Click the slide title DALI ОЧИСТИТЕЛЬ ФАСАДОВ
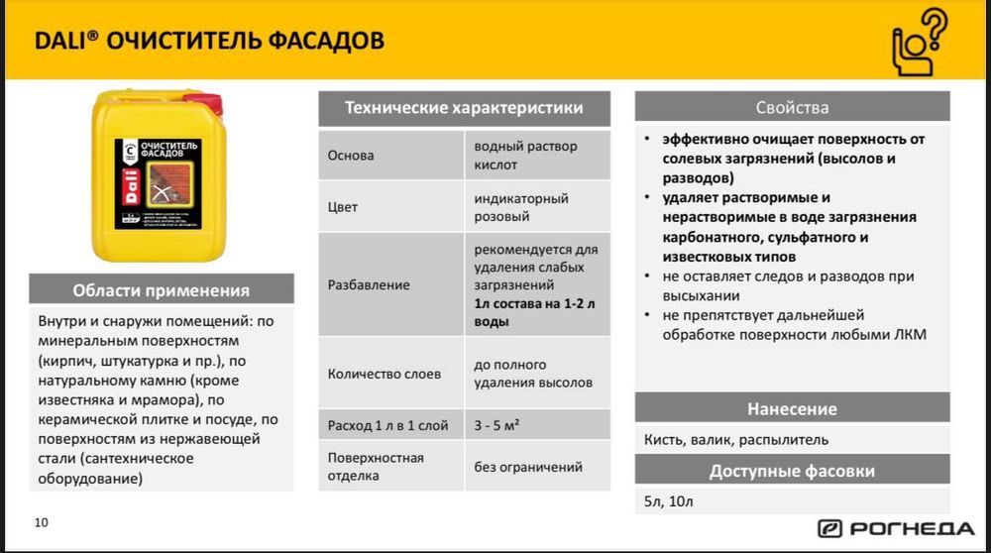coord(210,41)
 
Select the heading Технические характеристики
coord(463,108)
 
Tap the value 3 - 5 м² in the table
coord(496,426)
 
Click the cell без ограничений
coord(527,467)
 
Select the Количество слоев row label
coord(384,374)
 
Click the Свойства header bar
coord(792,107)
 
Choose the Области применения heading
coord(162,290)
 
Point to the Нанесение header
coord(792,408)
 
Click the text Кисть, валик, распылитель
coord(735,439)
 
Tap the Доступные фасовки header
coord(792,471)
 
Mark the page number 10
coord(41,522)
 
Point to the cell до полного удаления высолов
coord(533,374)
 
